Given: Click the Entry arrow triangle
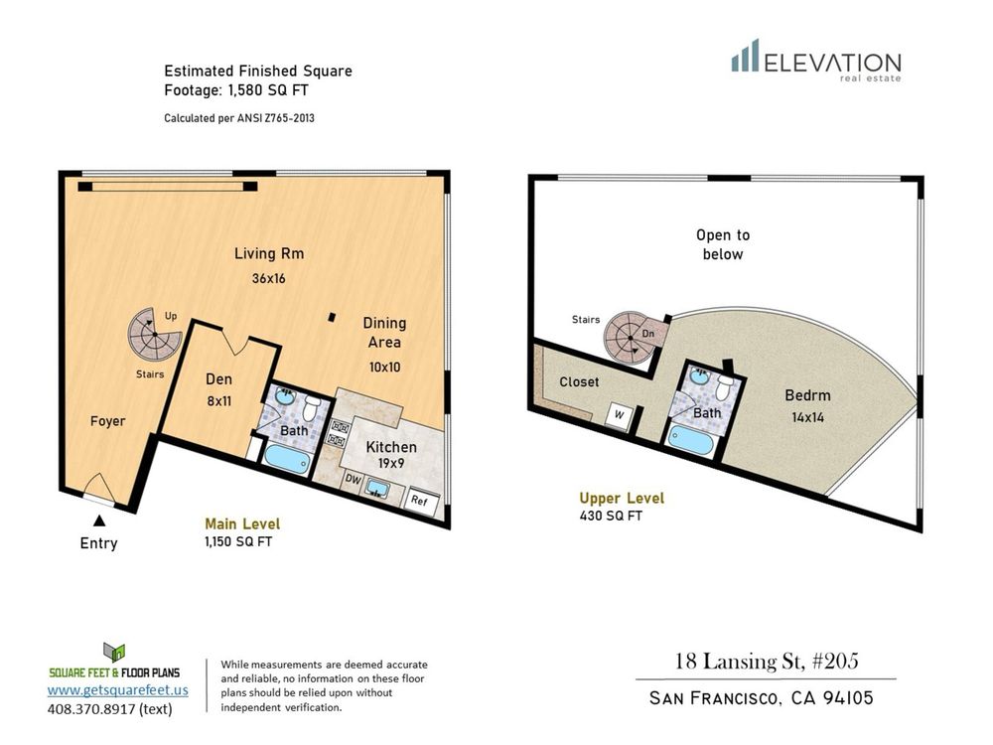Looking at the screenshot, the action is point(99,521).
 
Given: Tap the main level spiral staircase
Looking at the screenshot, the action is point(154,335).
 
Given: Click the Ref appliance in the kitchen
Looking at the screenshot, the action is point(419,500).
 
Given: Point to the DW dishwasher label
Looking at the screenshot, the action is point(353,480).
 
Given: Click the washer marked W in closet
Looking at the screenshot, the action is point(619,415).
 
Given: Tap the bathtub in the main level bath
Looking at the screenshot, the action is point(286,458).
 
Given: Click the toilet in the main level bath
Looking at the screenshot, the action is point(310,408).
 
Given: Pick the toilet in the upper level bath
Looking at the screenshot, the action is point(724,387).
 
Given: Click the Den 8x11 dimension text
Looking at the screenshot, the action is point(218,401).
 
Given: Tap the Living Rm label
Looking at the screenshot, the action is point(269,254).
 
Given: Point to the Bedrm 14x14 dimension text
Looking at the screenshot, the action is point(807,417).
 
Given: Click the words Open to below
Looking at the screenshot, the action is point(723,244).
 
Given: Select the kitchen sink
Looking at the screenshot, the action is point(378,489).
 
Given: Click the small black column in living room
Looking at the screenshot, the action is point(332,317).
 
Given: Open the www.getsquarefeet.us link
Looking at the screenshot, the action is point(118,689).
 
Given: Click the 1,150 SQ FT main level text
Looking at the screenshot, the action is point(238,541).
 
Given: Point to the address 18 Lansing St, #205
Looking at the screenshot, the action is point(767,662).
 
